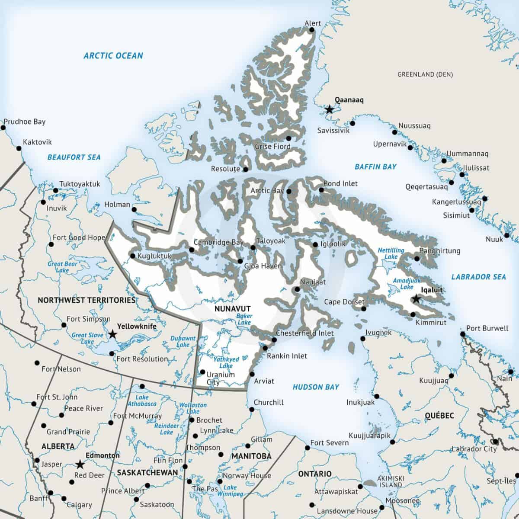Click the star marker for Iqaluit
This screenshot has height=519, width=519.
(x=416, y=299)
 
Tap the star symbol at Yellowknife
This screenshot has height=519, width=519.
(x=112, y=334)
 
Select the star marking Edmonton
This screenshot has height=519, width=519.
(x=80, y=465)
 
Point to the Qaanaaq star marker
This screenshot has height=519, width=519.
(x=330, y=109)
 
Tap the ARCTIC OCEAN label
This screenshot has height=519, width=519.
(x=113, y=55)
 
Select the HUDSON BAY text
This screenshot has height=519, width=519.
(x=316, y=387)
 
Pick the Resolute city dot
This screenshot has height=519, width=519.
(x=246, y=169)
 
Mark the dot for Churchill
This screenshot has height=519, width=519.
(x=252, y=409)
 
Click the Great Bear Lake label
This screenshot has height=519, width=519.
(x=62, y=267)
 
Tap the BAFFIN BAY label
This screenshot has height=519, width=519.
(x=375, y=167)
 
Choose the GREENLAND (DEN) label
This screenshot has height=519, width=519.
(x=425, y=75)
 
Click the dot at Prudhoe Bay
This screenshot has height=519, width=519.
(x=4, y=128)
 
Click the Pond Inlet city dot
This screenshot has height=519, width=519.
(x=321, y=190)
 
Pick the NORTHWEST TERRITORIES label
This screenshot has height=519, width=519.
(x=86, y=300)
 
